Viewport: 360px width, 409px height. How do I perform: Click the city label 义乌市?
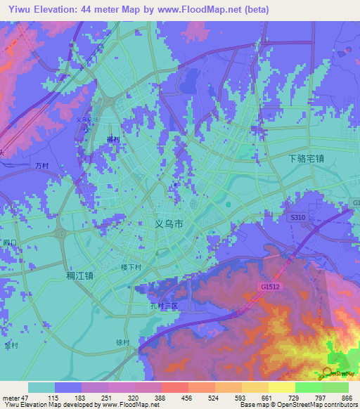169,225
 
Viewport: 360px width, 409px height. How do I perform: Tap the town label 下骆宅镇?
307,159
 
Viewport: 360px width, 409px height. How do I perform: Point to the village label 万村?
41,165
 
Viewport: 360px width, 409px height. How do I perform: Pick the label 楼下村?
131,267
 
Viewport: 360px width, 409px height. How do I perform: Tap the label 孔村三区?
166,306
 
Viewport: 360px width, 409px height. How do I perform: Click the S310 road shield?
298,219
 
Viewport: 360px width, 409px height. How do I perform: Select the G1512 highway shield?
269,287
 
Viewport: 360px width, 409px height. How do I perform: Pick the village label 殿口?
8,242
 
